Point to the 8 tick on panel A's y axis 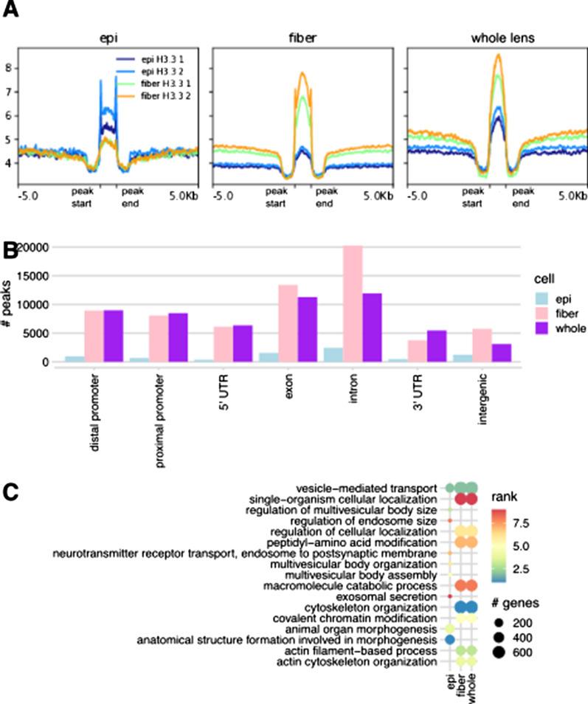click(x=8, y=68)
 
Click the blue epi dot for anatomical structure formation click(x=448, y=640)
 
